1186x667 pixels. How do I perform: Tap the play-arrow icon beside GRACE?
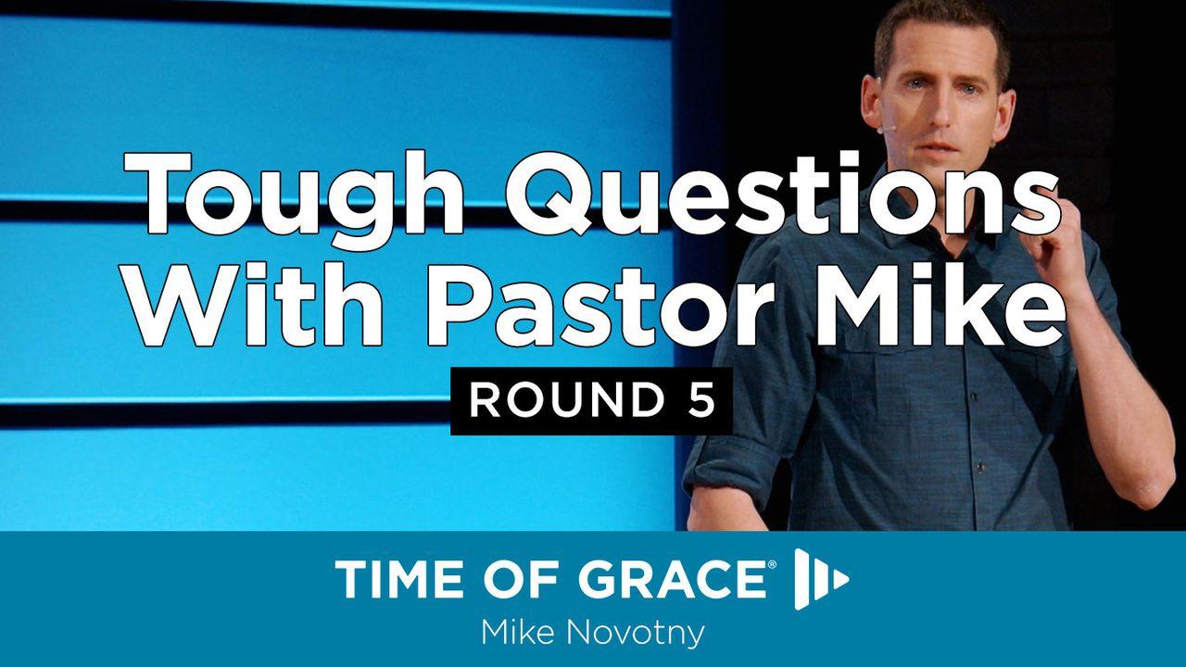(x=821, y=580)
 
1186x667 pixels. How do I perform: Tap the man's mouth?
(x=938, y=148)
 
